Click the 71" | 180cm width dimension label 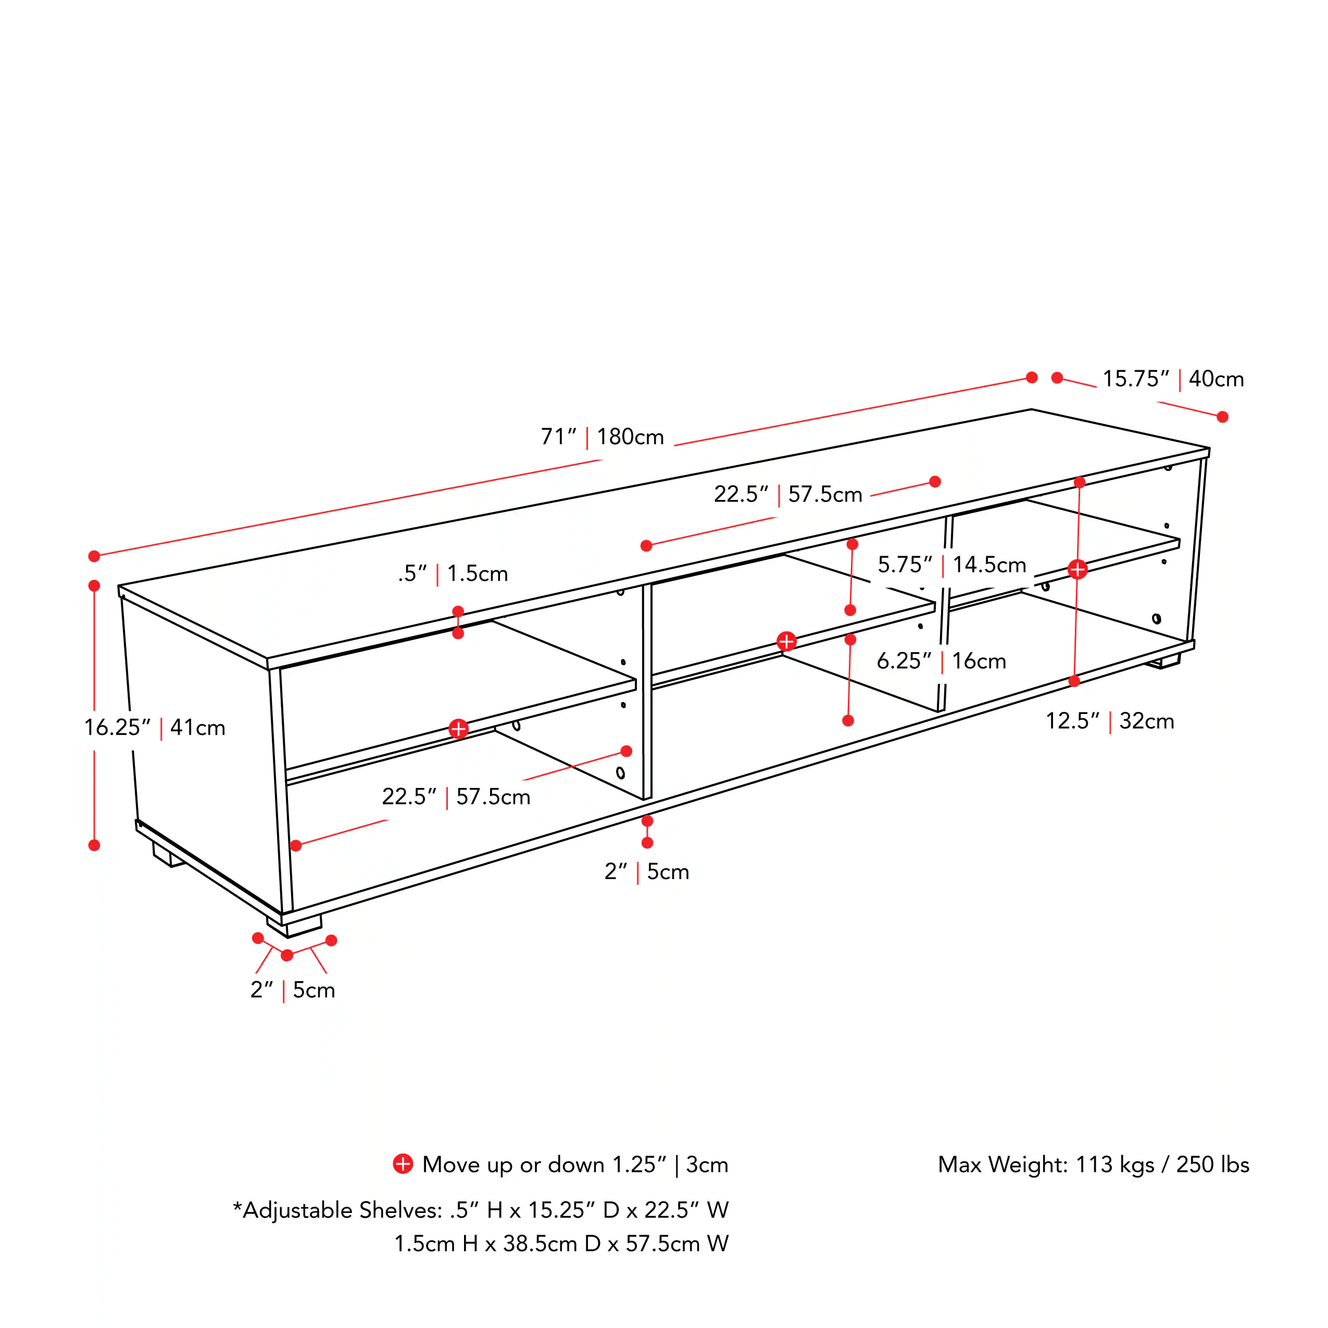click(x=602, y=437)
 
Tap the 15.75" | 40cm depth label click(x=1173, y=379)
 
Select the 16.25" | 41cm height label click(x=155, y=727)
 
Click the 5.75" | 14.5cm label click(x=951, y=565)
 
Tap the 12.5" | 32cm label click(x=1109, y=721)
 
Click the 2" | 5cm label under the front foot click(x=293, y=990)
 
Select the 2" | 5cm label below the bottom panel click(x=646, y=872)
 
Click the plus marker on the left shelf click(x=458, y=729)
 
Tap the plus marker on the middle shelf click(x=786, y=641)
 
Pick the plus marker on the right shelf click(x=1077, y=569)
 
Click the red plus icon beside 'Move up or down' click(x=403, y=1164)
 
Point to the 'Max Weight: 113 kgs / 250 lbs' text click(x=1093, y=1164)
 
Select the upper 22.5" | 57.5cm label click(x=788, y=494)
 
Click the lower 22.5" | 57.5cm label click(x=456, y=797)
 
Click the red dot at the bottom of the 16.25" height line click(x=94, y=845)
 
